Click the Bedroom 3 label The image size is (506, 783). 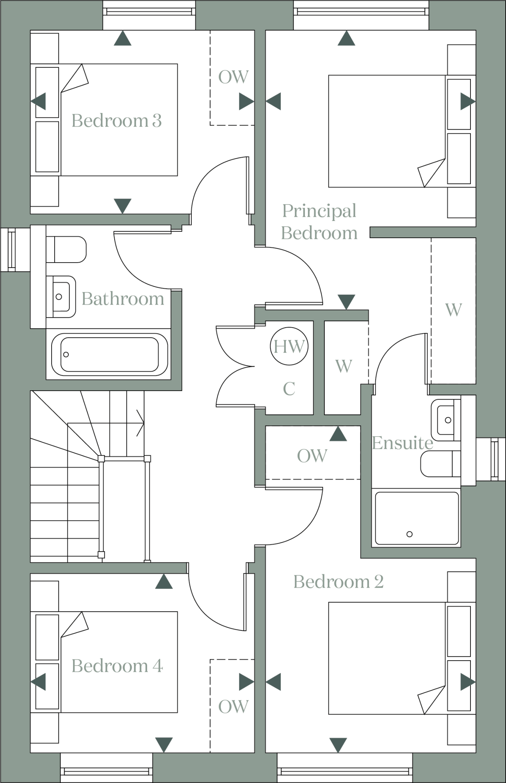[x=117, y=121]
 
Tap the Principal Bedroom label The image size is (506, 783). [x=319, y=222]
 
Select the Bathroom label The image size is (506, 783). [x=123, y=299]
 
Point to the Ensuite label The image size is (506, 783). [x=402, y=443]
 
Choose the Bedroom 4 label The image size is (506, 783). [x=117, y=666]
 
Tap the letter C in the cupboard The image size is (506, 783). [x=289, y=389]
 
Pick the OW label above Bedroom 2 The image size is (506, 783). [x=312, y=456]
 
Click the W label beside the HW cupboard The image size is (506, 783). [x=344, y=366]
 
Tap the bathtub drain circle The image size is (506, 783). [x=66, y=354]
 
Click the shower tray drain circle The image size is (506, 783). [x=410, y=534]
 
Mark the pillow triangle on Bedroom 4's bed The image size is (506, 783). [x=74, y=625]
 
